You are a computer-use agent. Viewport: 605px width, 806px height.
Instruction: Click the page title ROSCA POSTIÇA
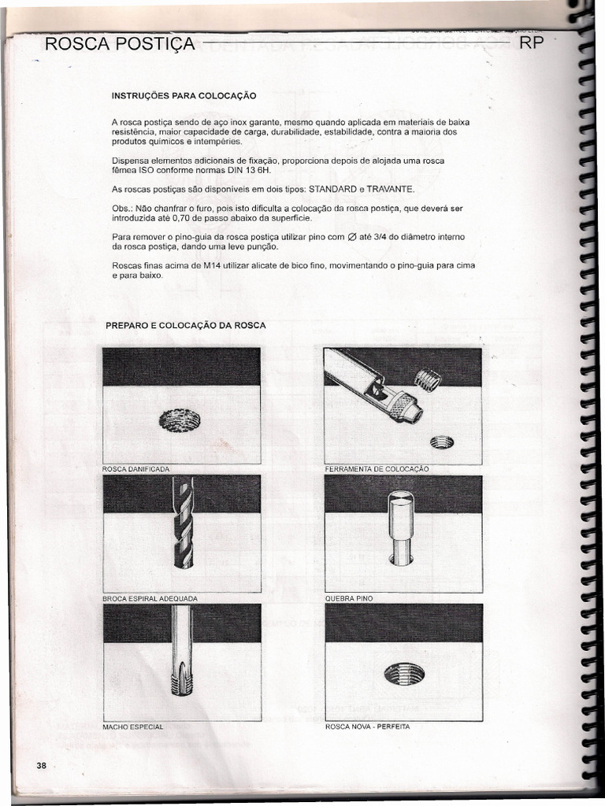121,44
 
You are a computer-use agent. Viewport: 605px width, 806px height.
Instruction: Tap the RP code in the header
533,43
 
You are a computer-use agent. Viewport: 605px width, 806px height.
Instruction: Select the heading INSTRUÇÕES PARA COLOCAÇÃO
184,96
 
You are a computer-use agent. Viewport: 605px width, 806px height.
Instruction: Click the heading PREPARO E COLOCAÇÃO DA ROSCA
186,325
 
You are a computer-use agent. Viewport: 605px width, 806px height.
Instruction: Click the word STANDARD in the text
332,190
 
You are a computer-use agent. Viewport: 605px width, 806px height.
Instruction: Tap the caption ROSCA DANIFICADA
136,469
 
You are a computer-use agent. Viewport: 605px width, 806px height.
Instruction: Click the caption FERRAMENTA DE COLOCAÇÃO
377,469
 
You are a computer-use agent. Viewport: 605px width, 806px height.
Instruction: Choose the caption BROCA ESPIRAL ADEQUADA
150,598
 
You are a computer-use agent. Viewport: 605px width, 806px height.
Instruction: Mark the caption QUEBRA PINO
349,598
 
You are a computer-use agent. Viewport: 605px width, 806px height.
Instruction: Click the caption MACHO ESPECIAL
133,727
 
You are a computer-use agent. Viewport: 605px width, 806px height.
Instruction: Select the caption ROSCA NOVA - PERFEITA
368,727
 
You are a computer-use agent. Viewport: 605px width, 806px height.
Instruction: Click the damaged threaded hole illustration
180,421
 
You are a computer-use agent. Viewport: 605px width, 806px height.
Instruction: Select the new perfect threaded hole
404,673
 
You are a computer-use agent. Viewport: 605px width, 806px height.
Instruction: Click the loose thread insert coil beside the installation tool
428,381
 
